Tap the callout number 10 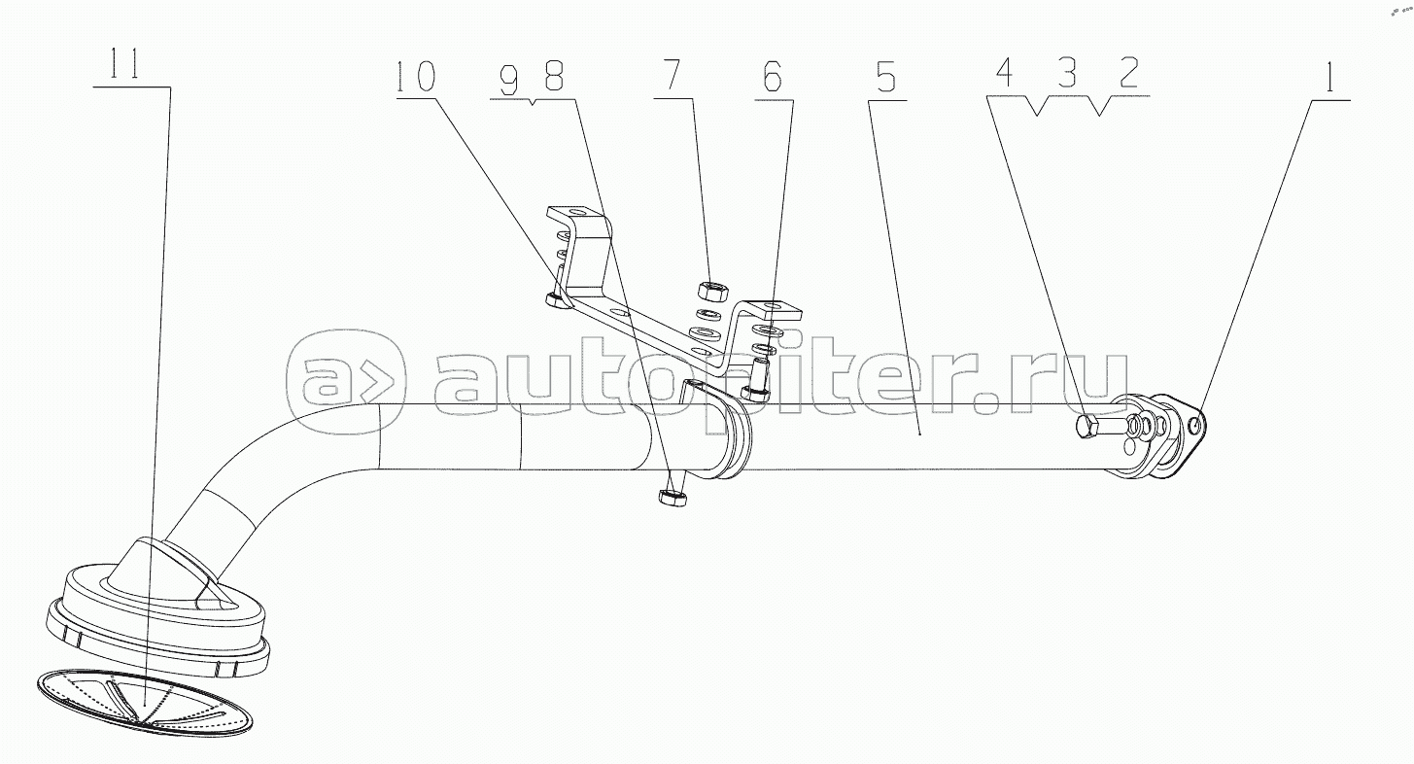pos(416,77)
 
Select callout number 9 pos(509,80)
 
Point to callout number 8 pos(553,75)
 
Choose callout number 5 pos(885,77)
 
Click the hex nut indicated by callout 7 pos(713,291)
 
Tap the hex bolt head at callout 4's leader pos(1087,428)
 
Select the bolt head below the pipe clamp pos(673,497)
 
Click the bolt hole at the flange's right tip pos(1195,428)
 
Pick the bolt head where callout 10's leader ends pos(557,300)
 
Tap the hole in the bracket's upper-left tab pos(575,213)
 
